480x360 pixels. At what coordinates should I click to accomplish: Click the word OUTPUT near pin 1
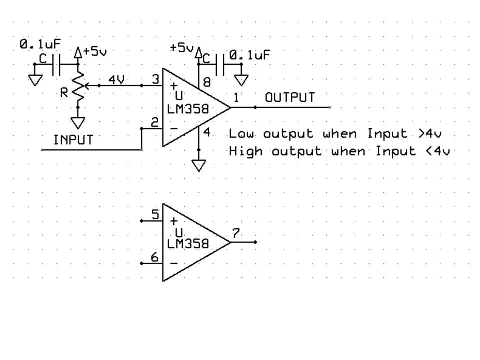290,97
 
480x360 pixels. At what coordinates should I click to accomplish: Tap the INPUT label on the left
73,140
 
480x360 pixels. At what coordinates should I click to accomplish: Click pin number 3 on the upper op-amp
155,79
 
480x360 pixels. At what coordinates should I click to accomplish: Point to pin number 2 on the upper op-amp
155,122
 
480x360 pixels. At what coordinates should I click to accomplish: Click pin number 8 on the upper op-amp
207,83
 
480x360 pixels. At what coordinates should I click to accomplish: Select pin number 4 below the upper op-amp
207,133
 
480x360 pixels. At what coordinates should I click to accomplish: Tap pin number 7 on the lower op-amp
236,233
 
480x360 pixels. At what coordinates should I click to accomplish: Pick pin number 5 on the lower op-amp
155,215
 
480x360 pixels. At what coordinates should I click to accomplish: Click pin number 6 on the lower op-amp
155,257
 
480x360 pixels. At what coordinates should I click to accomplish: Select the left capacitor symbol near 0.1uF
56,64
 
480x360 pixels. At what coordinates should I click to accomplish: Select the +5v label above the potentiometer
95,51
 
